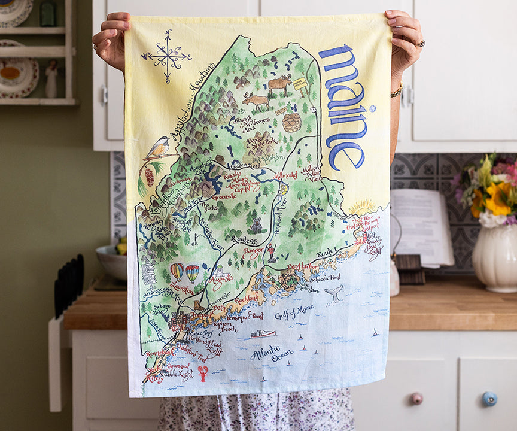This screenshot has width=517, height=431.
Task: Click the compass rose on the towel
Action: coord(167,56)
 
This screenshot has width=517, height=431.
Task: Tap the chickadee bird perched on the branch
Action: coord(159,147)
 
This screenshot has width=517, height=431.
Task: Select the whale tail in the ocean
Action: coord(334,293)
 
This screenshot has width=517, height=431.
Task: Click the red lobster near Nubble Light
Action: coord(203,373)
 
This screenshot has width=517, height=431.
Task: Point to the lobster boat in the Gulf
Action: coord(263,333)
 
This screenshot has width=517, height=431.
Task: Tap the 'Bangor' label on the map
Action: coord(253,253)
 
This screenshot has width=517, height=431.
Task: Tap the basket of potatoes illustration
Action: coord(291,122)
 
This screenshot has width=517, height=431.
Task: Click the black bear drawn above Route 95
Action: coord(257,226)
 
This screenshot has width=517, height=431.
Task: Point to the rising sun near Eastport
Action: coord(361,208)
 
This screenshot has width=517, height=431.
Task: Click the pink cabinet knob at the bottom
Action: coord(416,398)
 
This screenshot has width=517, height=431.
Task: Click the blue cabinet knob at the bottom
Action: coord(489,399)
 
